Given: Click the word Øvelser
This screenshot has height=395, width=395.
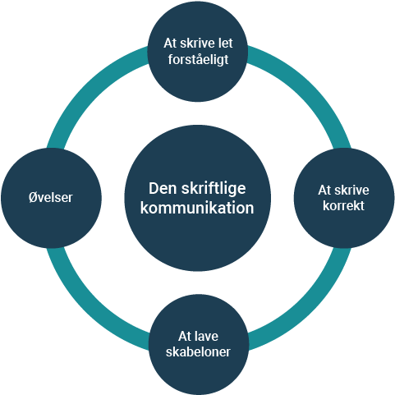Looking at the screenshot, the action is (x=51, y=197).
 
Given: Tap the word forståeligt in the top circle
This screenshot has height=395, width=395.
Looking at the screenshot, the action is (x=198, y=60).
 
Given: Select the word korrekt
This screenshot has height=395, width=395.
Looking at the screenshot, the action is (x=343, y=205).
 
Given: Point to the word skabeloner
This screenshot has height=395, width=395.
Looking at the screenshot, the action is (x=198, y=351).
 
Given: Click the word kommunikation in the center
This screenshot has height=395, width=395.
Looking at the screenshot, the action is (x=197, y=208).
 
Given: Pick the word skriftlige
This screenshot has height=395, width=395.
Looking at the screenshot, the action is (x=214, y=189).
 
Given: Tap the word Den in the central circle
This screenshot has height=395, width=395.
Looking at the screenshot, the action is (x=163, y=188).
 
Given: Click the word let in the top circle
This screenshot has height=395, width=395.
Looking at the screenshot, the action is (x=226, y=44).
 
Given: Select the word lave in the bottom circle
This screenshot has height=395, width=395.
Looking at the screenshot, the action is (x=206, y=336).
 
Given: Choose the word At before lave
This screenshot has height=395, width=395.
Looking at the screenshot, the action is (x=184, y=336).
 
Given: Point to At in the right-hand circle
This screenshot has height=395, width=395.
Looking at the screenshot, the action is (x=324, y=190).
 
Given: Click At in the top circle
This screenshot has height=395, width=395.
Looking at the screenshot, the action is (x=170, y=44).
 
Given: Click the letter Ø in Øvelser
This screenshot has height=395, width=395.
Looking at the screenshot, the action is (x=33, y=197).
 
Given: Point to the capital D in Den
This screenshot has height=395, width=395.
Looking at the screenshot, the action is (x=154, y=188).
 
